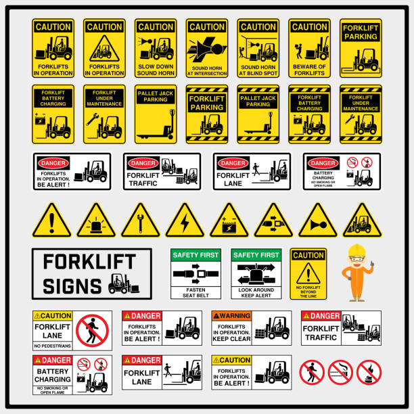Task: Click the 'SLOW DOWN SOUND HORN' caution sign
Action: tap(156, 48)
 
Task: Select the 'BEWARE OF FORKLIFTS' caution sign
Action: tap(310, 48)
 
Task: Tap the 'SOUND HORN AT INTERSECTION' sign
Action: tap(207, 48)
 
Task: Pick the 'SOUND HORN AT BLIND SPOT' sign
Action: tap(258, 48)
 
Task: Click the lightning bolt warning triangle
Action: tap(185, 222)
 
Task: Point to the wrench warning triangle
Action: tap(140, 222)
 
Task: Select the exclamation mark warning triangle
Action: tap(51, 222)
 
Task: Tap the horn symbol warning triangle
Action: tap(317, 222)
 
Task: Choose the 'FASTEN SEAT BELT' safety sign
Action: tap(197, 273)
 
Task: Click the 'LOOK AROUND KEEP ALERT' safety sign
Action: tap(256, 273)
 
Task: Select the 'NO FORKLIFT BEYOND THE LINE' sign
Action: tap(308, 273)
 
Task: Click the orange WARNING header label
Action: tap(231, 316)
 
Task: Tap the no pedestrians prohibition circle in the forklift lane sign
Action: tap(92, 330)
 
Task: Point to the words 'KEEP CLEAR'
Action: tap(231, 339)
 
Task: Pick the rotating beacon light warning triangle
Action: tap(95, 222)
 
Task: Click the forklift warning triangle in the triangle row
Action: tap(362, 222)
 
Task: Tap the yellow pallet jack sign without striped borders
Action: tap(156, 114)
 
